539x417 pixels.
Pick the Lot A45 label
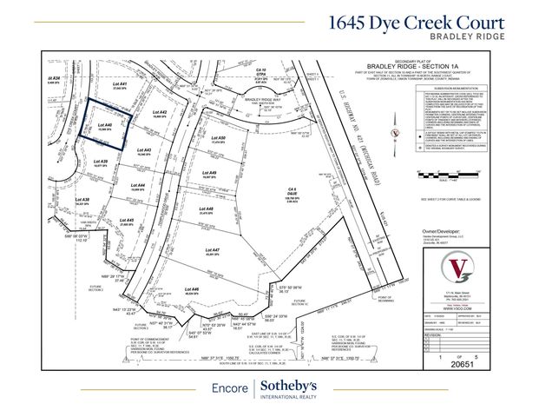[124, 221]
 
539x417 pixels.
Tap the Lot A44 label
[135, 185]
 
